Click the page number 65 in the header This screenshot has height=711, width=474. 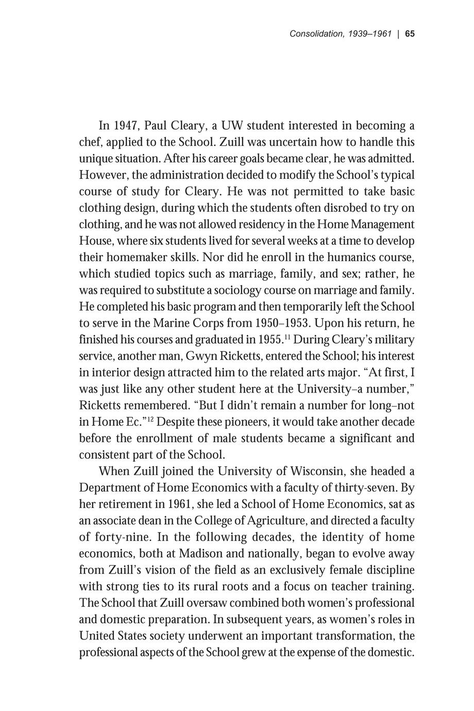410,34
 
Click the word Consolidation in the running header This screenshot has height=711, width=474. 316,34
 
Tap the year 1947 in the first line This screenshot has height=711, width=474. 125,126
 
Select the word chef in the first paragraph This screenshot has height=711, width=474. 90,142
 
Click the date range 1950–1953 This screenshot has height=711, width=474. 282,323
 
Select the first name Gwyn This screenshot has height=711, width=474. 202,356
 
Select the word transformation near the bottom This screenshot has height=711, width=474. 351,636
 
